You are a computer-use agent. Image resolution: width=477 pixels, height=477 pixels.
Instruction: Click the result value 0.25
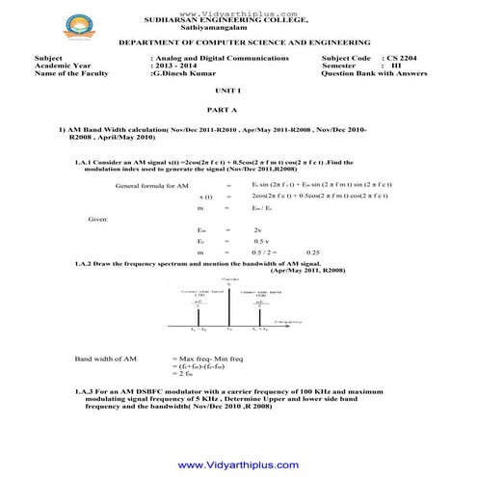click(x=311, y=252)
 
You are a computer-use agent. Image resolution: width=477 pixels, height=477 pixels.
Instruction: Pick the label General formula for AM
click(x=150, y=184)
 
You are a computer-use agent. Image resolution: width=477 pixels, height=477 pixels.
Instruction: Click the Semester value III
click(x=395, y=66)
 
